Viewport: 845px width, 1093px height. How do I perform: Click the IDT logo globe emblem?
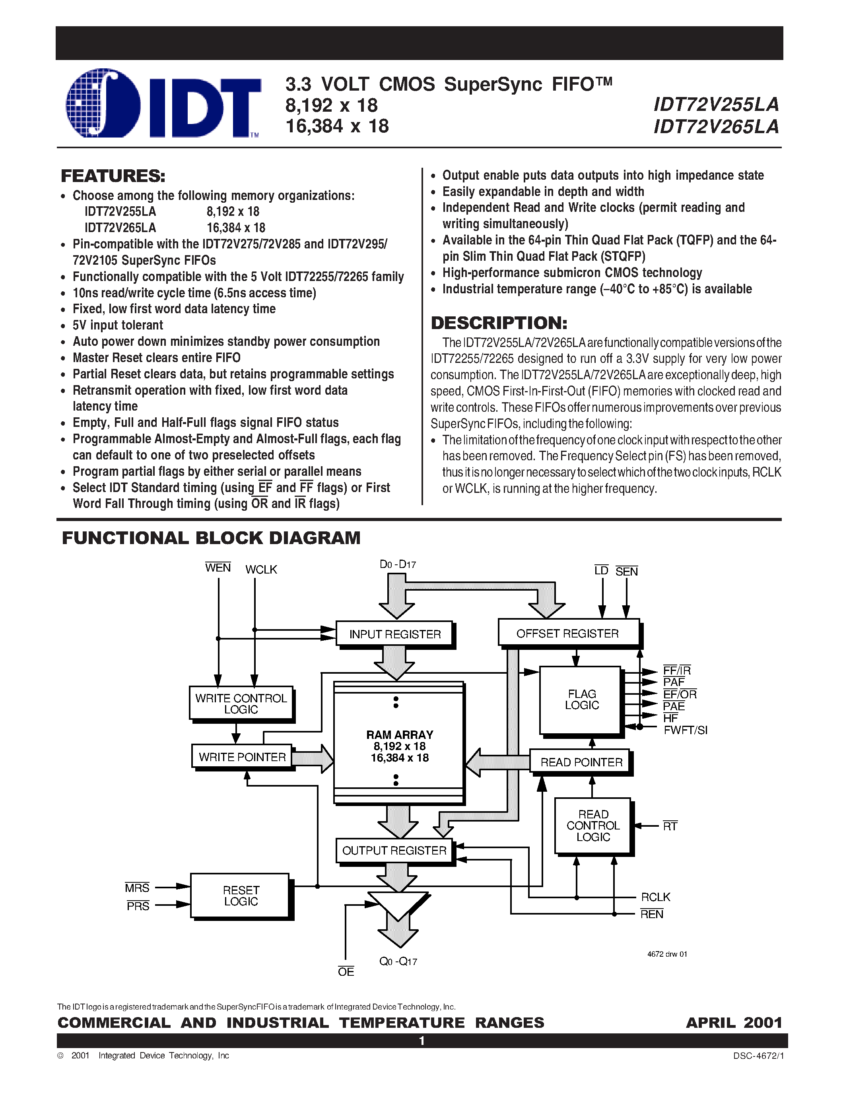(103, 103)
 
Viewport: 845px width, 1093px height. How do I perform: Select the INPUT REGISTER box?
(394, 634)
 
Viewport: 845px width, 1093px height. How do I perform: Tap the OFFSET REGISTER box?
(568, 633)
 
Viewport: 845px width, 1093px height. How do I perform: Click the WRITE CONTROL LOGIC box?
(241, 703)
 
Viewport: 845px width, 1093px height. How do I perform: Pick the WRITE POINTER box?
(242, 757)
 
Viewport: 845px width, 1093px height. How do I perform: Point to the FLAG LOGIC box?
(581, 700)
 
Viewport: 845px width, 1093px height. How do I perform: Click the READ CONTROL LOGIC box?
(593, 826)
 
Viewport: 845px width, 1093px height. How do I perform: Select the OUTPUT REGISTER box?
(394, 850)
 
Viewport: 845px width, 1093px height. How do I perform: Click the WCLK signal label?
(261, 570)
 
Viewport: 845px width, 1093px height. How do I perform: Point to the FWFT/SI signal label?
(685, 730)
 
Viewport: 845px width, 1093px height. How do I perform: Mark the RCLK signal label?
(655, 897)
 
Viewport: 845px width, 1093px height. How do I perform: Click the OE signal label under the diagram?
(346, 971)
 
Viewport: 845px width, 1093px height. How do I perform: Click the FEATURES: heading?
(113, 176)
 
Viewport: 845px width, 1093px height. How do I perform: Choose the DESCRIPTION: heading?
(499, 323)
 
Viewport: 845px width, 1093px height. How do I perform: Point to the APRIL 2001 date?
(733, 1022)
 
